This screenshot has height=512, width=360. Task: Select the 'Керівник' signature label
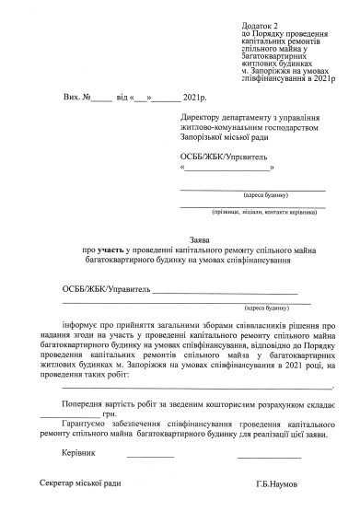tap(77, 454)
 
